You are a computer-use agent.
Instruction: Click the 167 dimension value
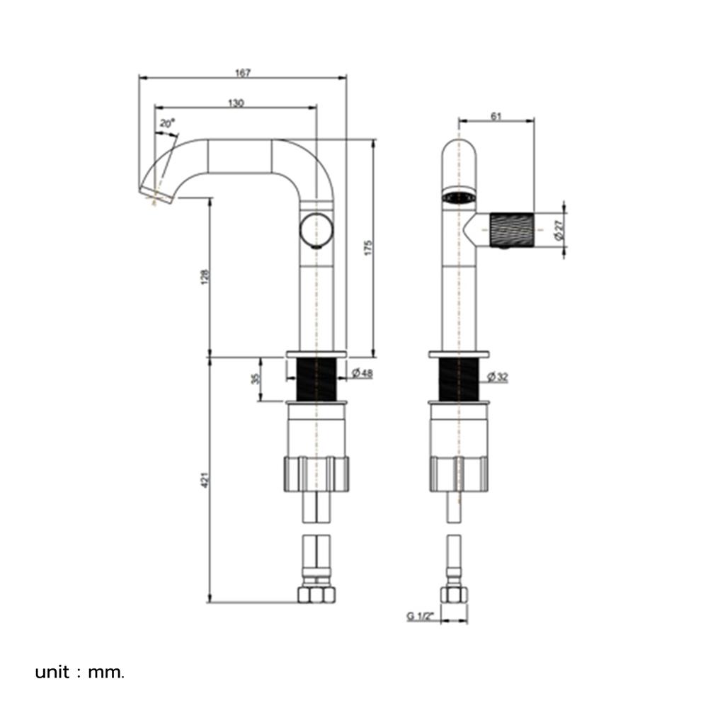[x=242, y=73]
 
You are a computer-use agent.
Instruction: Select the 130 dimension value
[x=236, y=103]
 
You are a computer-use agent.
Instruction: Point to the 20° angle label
[x=166, y=122]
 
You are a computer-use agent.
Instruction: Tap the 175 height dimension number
[x=368, y=248]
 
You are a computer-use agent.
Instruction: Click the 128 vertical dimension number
[x=205, y=277]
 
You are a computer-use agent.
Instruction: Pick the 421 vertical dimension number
[x=205, y=479]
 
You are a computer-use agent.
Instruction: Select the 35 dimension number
[x=256, y=378]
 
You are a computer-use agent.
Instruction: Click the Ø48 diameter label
[x=362, y=373]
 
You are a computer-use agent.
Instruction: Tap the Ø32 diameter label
[x=498, y=377]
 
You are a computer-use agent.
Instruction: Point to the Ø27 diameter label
[x=559, y=230]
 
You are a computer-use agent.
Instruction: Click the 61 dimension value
[x=496, y=117]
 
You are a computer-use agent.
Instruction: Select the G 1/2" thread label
[x=420, y=616]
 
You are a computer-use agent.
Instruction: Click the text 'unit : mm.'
[x=79, y=673]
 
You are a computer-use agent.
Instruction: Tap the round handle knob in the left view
[x=316, y=230]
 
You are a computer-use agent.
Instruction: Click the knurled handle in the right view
[x=512, y=230]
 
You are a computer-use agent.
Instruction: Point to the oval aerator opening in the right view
[x=459, y=198]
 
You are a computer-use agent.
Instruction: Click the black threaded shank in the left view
[x=316, y=378]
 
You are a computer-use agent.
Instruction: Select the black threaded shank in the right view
[x=459, y=378]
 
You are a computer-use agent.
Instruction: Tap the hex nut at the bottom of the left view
[x=316, y=595]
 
